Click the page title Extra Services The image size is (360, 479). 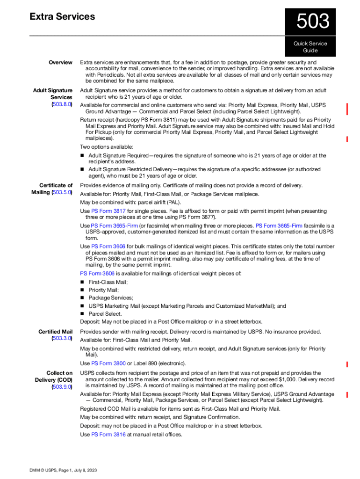(x=62, y=17)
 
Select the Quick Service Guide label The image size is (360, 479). (x=310, y=47)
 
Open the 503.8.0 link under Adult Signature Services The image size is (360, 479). (x=62, y=104)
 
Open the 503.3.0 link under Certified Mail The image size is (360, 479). (x=62, y=338)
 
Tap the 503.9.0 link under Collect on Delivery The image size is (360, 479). (x=62, y=387)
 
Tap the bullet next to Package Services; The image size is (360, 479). (x=82, y=298)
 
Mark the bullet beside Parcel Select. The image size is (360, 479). (x=82, y=314)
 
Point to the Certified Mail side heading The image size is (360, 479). (x=55, y=332)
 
